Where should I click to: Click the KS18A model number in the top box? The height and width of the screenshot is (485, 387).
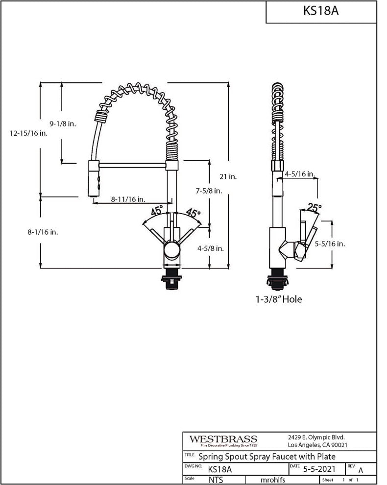321,11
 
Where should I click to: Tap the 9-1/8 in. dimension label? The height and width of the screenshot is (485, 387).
63,124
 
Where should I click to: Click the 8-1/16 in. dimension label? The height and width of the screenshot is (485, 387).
43,232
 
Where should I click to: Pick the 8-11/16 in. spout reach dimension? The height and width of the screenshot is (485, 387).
127,199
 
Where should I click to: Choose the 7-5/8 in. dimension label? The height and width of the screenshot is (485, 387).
209,191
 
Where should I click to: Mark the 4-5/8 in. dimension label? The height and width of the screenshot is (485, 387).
210,248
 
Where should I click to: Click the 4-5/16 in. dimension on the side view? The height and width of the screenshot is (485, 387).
299,174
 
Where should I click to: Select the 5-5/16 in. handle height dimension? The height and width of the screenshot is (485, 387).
330,243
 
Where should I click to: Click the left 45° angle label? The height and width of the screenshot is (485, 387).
157,212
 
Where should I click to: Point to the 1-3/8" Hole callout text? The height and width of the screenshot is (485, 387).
279,299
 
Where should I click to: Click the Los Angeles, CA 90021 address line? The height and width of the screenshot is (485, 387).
317,445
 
